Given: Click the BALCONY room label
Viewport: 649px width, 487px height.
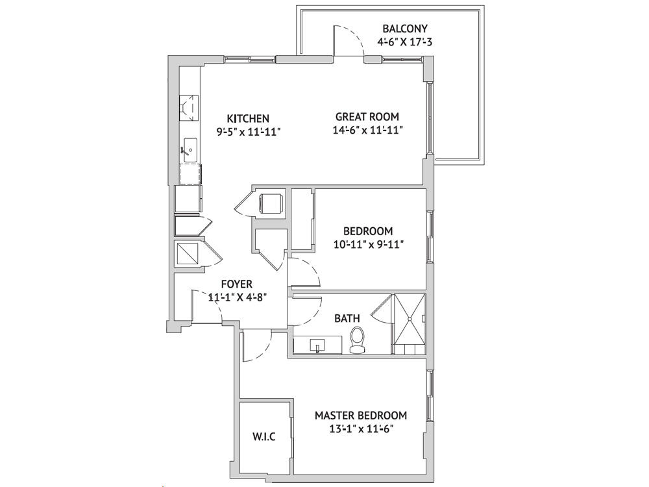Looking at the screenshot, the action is (x=405, y=29).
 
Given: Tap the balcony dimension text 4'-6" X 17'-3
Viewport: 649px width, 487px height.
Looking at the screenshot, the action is (x=405, y=42).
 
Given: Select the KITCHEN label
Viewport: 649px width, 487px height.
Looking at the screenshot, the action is (x=249, y=119).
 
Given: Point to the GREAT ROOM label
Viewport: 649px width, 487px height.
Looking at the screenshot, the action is (x=367, y=117).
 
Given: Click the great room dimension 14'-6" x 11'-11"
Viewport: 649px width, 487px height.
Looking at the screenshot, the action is (x=368, y=130).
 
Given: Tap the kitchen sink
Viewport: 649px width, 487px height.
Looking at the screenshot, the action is (x=190, y=150).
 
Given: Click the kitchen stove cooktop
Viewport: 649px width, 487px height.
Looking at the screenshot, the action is (x=189, y=108).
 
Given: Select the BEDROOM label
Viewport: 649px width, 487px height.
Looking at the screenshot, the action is (x=368, y=231).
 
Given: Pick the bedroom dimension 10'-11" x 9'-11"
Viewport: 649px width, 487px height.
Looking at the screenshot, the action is (x=369, y=244).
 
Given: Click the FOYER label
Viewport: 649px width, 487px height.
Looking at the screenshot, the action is (x=237, y=284).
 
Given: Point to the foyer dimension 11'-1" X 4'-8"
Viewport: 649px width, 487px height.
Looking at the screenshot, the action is (x=237, y=297).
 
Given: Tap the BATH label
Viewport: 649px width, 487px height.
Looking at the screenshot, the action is (x=347, y=318).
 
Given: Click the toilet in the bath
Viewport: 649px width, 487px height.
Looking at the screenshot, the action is (x=357, y=340).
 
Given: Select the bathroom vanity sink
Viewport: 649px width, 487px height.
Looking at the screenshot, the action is (x=317, y=345).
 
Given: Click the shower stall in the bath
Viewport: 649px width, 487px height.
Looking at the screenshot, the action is (x=409, y=324).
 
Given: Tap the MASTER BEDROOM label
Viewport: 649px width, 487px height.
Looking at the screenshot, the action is (x=361, y=416).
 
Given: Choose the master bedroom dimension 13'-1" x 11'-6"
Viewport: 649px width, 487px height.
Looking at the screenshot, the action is (x=361, y=429).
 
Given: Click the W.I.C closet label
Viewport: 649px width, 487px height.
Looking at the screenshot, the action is (x=264, y=436).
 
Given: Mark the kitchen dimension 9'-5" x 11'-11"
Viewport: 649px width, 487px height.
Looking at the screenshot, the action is (x=249, y=132).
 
